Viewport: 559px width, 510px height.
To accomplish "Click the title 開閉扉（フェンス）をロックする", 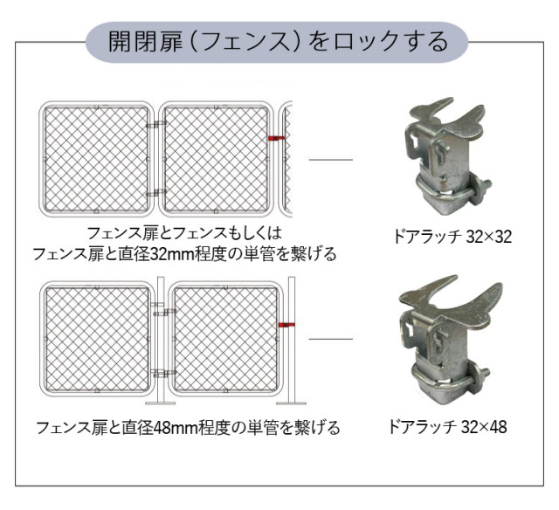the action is click(x=278, y=42).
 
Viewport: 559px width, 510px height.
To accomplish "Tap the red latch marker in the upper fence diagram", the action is click(x=277, y=138).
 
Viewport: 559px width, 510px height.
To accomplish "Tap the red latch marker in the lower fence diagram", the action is click(x=286, y=325).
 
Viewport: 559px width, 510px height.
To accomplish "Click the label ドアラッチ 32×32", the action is click(x=452, y=237).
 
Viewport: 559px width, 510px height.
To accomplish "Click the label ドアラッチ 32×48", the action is click(x=447, y=426).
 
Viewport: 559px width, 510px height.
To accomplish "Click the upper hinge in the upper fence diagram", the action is click(x=156, y=124).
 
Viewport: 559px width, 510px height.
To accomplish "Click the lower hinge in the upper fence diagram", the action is click(x=156, y=193).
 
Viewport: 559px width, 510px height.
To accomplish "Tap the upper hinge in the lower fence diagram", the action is click(x=163, y=313).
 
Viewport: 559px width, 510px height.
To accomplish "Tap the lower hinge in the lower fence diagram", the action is click(x=163, y=373).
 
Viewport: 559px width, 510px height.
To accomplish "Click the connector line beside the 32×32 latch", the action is click(x=330, y=160).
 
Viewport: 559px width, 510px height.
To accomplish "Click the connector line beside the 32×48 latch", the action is click(x=330, y=339).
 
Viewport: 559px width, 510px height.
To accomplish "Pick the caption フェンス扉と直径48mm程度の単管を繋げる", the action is click(x=188, y=427).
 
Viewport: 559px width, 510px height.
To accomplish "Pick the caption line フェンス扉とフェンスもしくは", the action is click(x=184, y=233).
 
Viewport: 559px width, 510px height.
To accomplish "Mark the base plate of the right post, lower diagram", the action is click(x=291, y=403).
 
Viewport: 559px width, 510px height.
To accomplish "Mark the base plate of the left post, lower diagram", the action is click(x=161, y=403).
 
